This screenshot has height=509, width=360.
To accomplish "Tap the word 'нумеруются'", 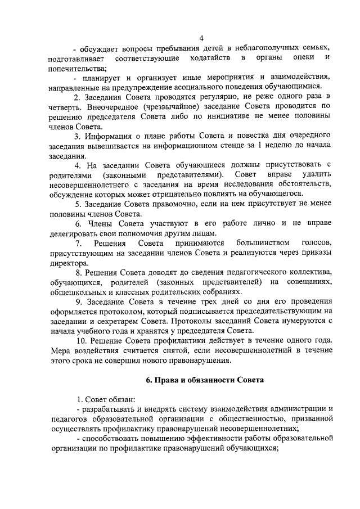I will pos(286,321).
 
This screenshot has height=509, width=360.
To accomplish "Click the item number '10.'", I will pos(82,341).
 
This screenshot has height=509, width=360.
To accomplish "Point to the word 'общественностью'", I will pos(226,418).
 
